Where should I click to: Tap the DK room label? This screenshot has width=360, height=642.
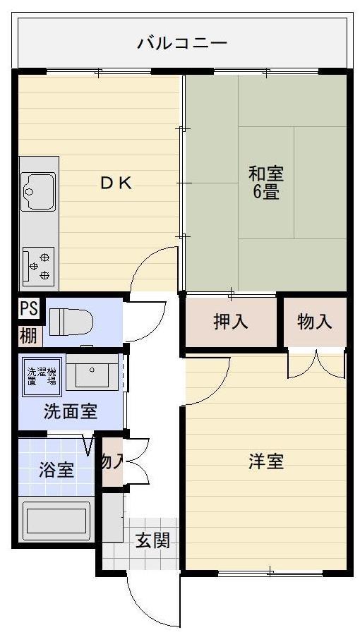[x=116, y=183]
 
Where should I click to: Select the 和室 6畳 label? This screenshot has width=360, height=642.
[x=265, y=183]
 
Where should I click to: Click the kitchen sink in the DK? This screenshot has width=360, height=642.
[x=37, y=191]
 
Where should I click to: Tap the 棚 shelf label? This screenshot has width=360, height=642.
[x=28, y=336]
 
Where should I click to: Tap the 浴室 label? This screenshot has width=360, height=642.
[x=56, y=470]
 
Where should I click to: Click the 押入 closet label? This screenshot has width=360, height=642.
[x=231, y=322]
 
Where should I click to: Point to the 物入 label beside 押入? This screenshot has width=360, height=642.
[x=315, y=322]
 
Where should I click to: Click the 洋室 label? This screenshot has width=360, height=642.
[x=265, y=462]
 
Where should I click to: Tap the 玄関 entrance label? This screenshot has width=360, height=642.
[x=152, y=541]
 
